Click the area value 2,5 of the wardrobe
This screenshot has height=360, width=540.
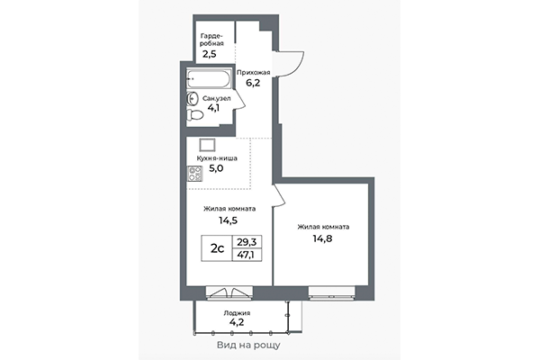(209, 53)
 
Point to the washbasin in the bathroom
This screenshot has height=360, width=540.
(193, 98)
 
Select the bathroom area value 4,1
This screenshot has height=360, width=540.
(214, 110)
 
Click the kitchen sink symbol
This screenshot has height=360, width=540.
(207, 144)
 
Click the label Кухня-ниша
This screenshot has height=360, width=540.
(216, 157)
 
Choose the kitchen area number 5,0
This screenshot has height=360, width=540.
(217, 167)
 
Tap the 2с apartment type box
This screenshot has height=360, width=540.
(217, 248)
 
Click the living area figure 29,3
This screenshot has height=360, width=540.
(245, 241)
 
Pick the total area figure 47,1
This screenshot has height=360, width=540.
(245, 256)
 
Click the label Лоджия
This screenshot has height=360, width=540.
(238, 312)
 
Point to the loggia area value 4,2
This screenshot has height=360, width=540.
(238, 323)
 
